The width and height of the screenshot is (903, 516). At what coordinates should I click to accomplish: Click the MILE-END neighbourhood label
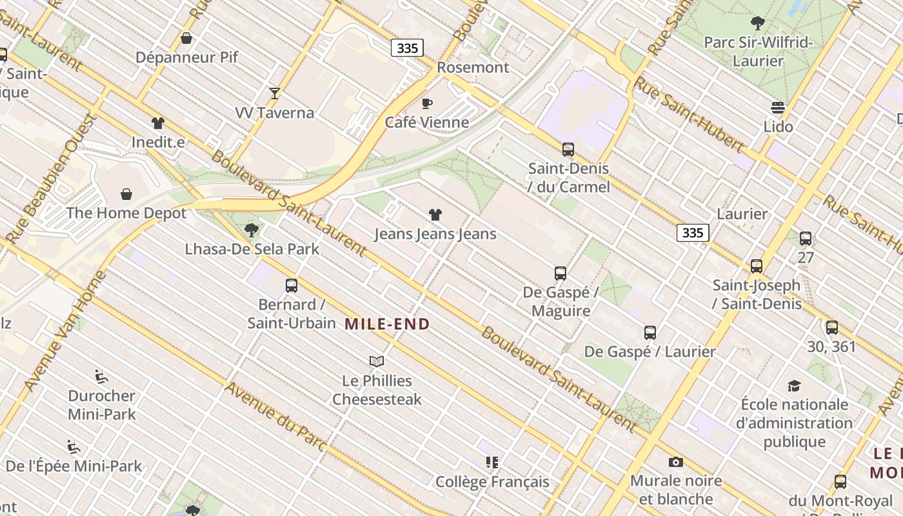387,324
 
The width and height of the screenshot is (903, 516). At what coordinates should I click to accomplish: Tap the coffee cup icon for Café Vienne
426,103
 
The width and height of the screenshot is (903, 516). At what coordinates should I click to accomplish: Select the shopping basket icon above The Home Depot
126,193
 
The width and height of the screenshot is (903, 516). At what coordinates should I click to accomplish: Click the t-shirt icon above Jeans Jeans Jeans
435,215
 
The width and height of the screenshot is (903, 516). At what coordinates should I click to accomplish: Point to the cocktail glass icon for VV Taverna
275,94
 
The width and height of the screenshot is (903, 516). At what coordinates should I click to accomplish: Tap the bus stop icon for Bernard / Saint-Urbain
292,285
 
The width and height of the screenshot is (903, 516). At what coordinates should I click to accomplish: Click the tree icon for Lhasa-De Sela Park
252,230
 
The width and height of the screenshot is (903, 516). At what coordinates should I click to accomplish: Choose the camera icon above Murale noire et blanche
675,462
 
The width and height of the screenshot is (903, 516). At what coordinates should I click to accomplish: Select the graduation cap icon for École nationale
794,386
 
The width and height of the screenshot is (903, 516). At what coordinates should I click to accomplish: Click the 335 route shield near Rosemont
407,48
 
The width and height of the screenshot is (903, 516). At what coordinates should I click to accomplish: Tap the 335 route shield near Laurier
693,232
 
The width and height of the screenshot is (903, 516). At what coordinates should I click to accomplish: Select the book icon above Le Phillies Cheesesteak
377,361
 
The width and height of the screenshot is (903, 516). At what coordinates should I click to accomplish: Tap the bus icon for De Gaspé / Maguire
561,273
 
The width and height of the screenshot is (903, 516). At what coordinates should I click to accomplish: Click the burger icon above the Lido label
778,107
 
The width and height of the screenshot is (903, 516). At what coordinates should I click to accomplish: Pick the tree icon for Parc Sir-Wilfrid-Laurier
758,23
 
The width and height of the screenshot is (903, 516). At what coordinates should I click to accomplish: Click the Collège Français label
492,482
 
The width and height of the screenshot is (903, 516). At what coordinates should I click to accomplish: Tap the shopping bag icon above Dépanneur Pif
186,38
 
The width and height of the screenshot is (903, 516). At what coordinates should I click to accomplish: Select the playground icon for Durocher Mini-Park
101,376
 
